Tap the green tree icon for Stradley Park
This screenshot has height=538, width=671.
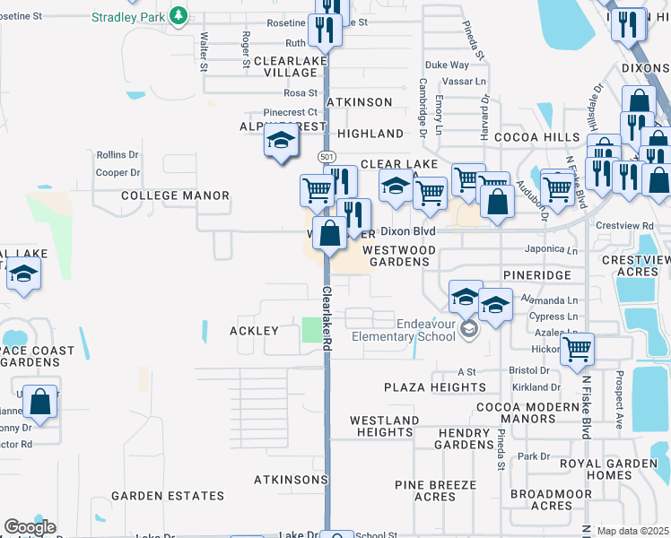(x=179, y=15)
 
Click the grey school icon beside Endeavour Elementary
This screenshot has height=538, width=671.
(x=468, y=331)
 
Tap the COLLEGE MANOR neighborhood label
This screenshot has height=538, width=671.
(x=175, y=195)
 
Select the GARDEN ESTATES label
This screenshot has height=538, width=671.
(x=168, y=496)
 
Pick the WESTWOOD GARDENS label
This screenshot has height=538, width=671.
(x=400, y=256)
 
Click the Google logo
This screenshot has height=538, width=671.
(x=30, y=527)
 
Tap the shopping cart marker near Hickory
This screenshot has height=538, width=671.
(x=577, y=348)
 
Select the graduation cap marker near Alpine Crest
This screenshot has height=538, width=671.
(x=281, y=139)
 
